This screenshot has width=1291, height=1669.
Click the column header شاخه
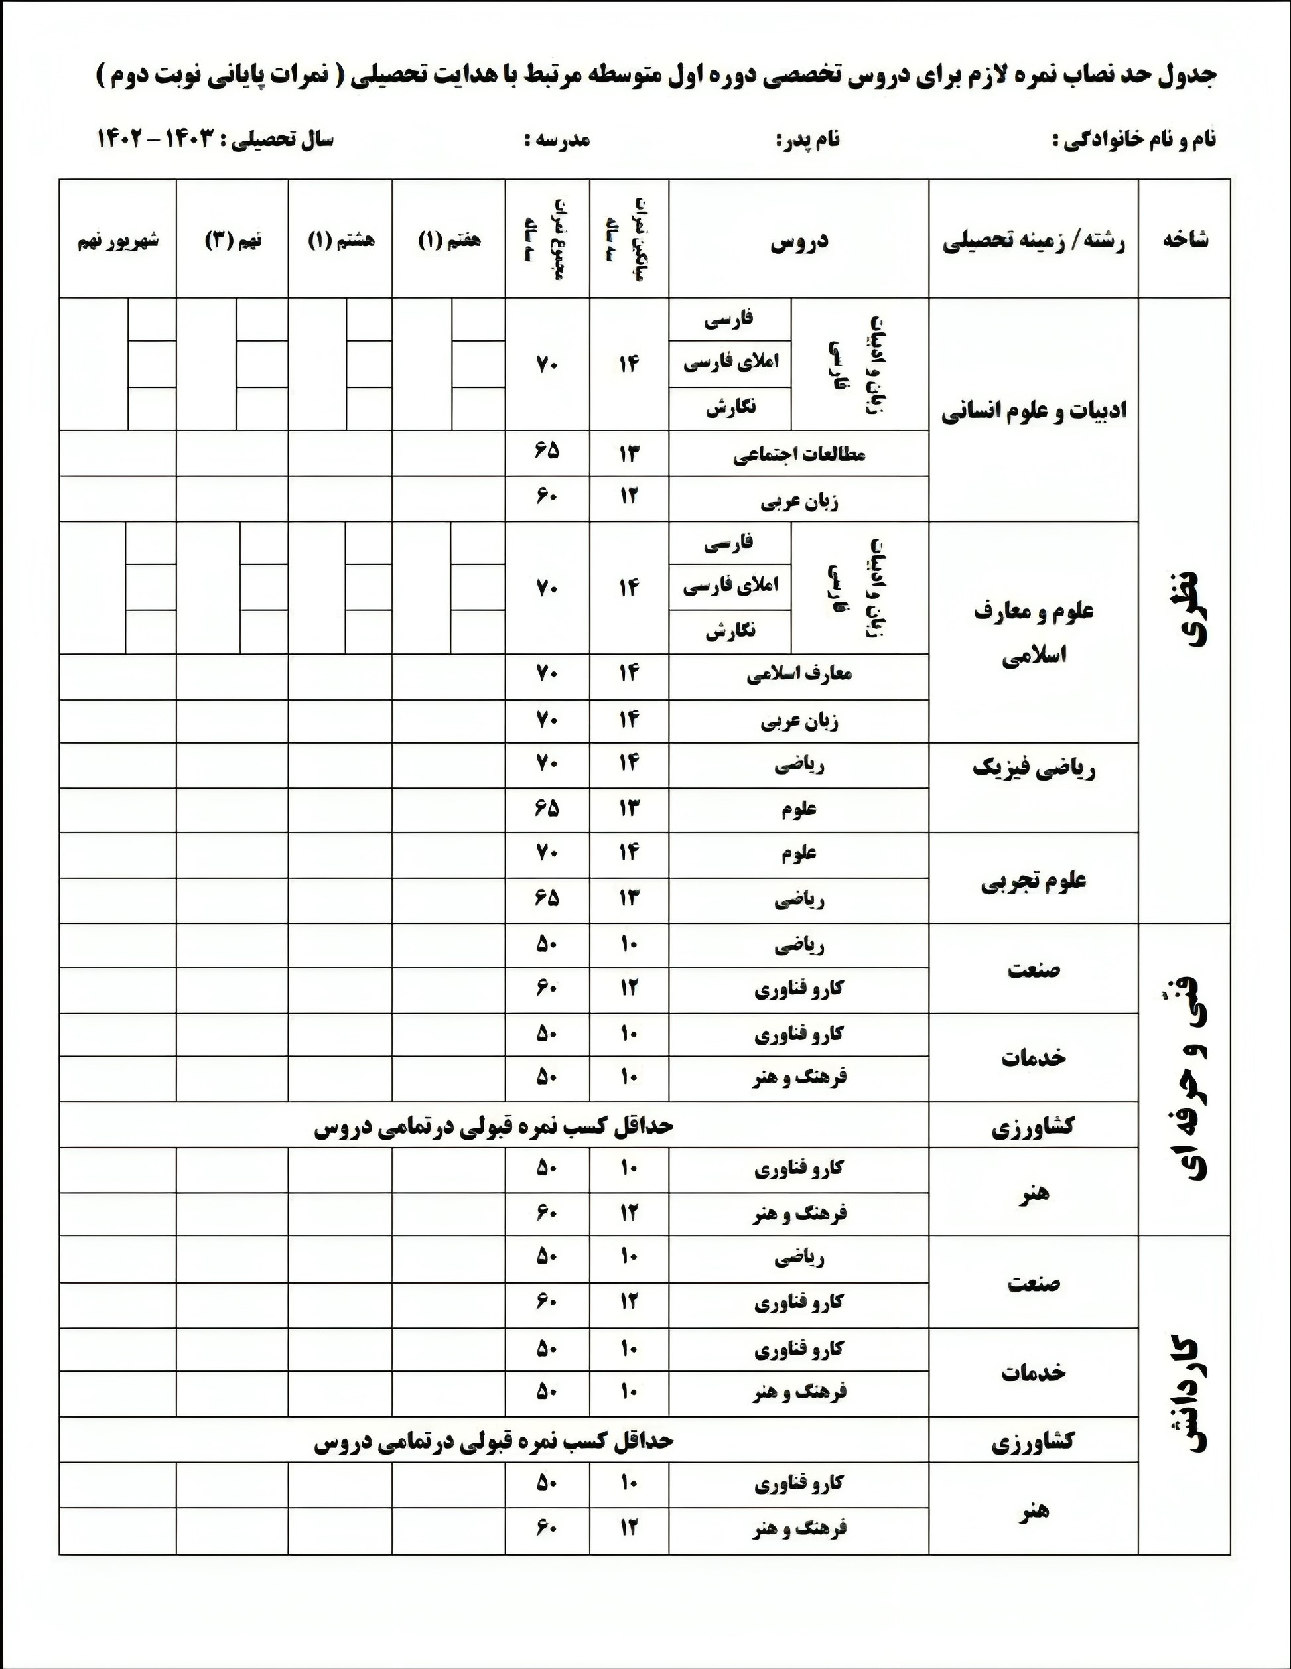[1186, 240]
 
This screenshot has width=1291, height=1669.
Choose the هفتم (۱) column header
[448, 241]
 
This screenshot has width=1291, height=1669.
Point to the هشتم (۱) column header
[341, 241]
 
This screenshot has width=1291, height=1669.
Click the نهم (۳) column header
[232, 241]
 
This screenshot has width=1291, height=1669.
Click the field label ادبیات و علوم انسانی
[1034, 411]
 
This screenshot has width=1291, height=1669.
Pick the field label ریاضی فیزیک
[1034, 769]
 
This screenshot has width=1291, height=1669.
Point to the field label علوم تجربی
[1034, 881]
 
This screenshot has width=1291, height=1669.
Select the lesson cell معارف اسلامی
[799, 674]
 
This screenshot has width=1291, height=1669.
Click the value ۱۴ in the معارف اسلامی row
[628, 674]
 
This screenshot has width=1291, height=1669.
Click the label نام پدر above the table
[808, 141]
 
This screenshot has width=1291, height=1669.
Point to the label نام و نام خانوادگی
[1134, 141]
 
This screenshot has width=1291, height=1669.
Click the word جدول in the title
[1186, 76]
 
